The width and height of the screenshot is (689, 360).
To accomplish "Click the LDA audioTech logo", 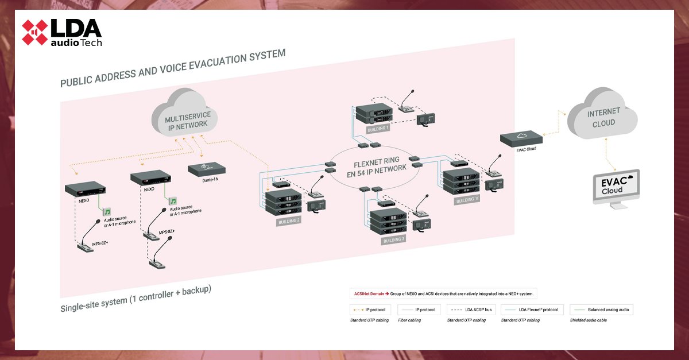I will click(x=61, y=33).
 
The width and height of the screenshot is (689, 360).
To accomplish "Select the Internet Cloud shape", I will click(x=602, y=118).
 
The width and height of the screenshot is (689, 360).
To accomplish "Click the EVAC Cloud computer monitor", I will click(x=615, y=187).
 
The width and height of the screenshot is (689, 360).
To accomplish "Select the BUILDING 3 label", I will click(x=394, y=240).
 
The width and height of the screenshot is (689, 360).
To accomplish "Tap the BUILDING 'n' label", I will click(x=466, y=200).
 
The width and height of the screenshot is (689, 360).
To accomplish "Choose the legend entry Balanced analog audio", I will click(x=601, y=309).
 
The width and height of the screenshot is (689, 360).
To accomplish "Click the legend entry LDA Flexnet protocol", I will click(x=533, y=309).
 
